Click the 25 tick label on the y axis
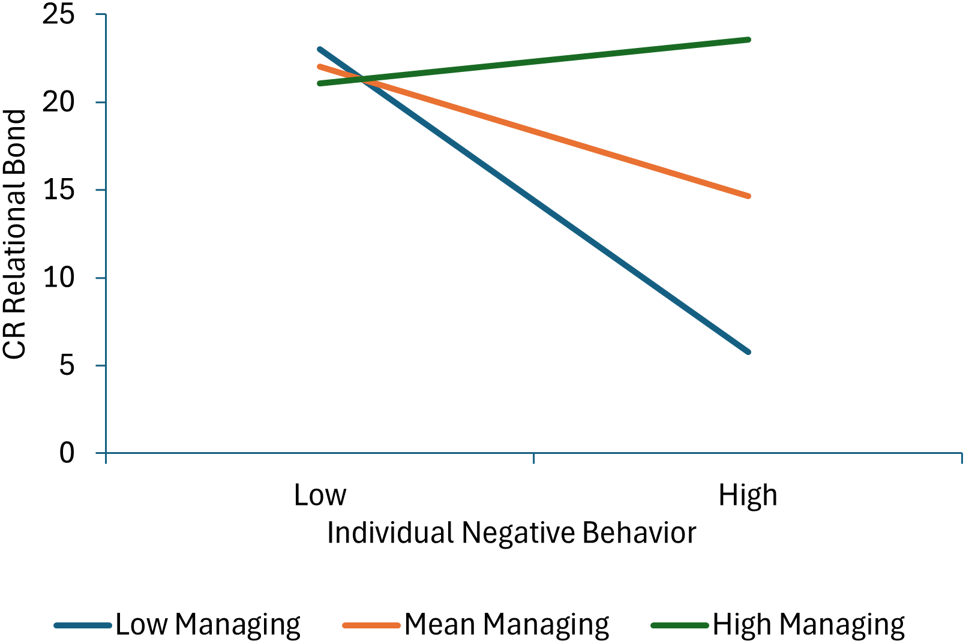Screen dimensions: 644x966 [x=58, y=14]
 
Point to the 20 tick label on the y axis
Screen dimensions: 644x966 [x=58, y=102]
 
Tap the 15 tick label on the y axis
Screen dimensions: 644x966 [x=58, y=190]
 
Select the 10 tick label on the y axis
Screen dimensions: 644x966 [x=58, y=278]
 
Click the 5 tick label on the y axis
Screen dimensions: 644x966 [x=67, y=365]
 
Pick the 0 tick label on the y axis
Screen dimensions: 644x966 [x=67, y=453]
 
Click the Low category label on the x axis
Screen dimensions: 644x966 [x=320, y=495]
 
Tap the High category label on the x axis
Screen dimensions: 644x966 [x=748, y=495]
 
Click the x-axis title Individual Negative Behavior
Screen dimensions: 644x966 [x=511, y=532]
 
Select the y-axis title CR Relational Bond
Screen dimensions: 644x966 [x=14, y=234]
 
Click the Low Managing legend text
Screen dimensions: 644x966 [x=208, y=625]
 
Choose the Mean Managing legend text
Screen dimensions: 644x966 [x=506, y=625]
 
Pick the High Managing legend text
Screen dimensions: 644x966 [x=808, y=625]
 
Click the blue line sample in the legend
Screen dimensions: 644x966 [x=83, y=625]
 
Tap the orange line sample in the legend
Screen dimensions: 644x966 [x=371, y=625]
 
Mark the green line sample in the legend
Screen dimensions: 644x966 [x=680, y=625]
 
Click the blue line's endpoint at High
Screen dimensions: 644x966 [x=748, y=352]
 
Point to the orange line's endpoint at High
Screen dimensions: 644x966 [x=748, y=196]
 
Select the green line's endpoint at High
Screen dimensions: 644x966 [x=748, y=40]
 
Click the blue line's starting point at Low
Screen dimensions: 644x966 [x=320, y=49]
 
